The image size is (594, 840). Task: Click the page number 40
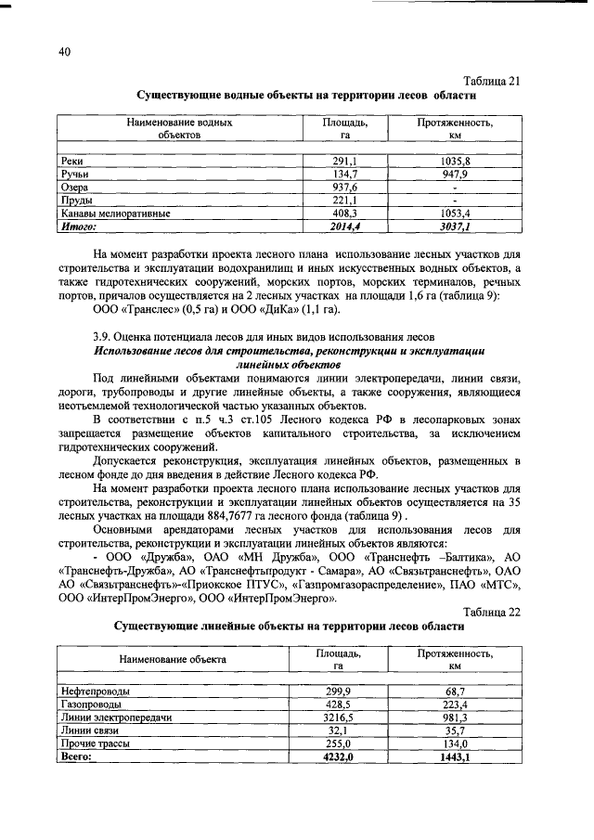[x=64, y=53]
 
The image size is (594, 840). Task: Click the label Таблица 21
[x=493, y=81]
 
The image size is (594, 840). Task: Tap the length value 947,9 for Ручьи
[x=455, y=174]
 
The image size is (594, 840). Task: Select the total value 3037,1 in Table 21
[x=455, y=226]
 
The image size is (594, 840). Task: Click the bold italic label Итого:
[x=79, y=226]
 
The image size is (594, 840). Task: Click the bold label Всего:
[x=77, y=757]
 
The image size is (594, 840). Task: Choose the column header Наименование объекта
[x=173, y=660]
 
